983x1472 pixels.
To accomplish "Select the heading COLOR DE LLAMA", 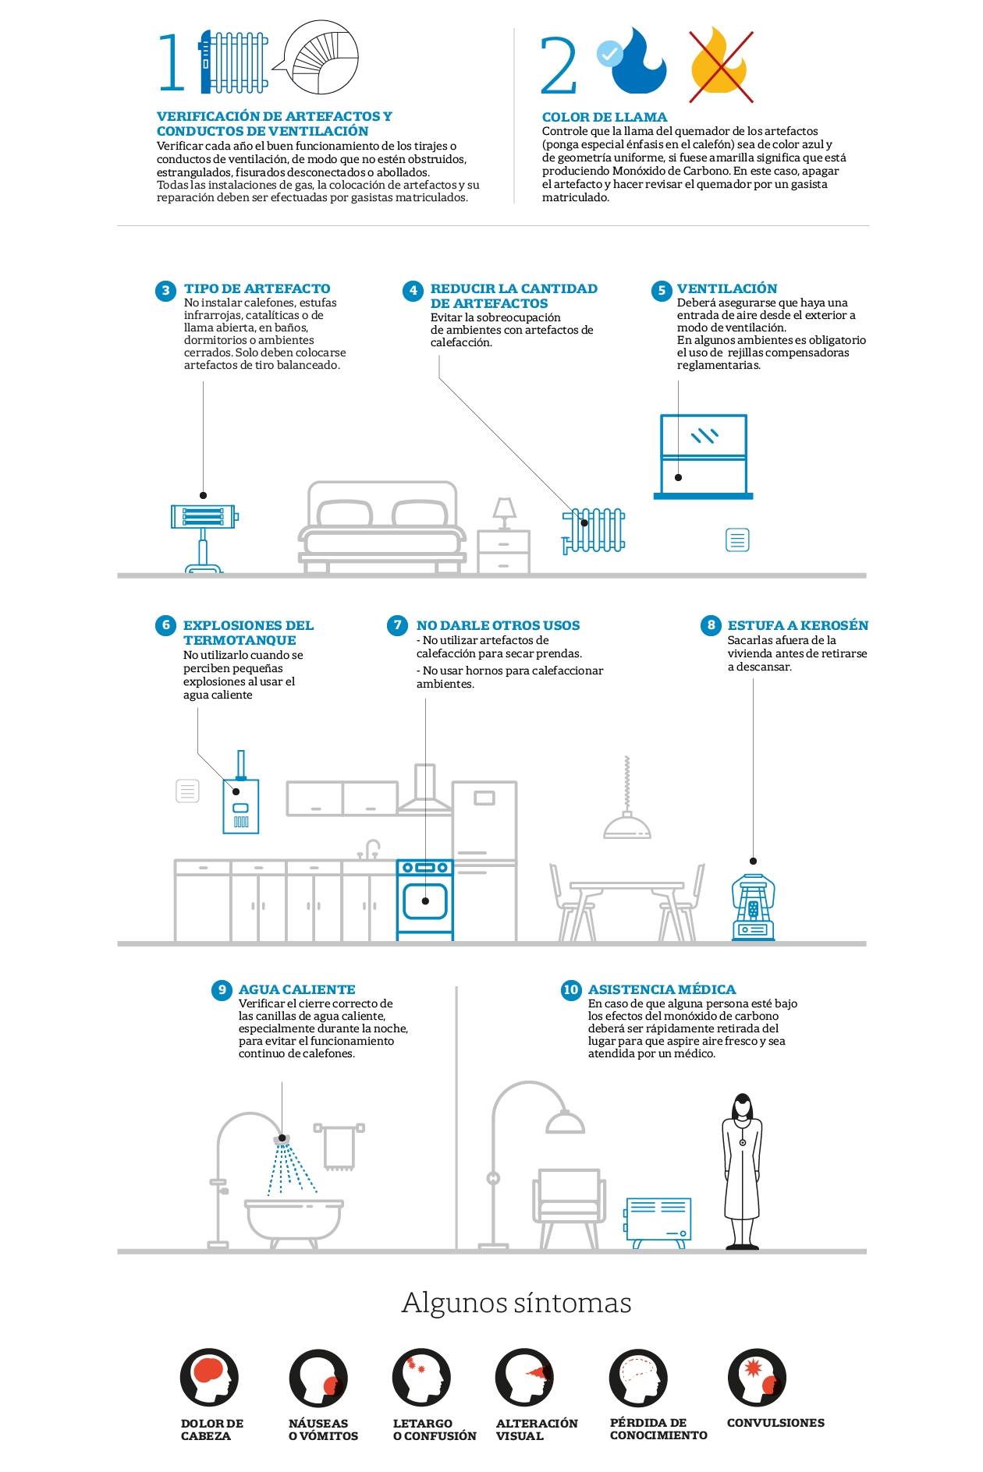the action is [605, 118].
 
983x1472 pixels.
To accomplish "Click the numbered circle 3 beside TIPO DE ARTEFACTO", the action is [165, 291].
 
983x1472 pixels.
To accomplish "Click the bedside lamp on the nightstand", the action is [504, 514].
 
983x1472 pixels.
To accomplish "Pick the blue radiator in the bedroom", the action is [594, 530].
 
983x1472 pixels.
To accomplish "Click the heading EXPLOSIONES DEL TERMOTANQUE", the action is [248, 632].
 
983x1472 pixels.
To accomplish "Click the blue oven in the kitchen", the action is [425, 900].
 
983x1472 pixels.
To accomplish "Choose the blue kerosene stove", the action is [754, 906].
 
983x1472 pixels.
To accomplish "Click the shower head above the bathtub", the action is [282, 1139].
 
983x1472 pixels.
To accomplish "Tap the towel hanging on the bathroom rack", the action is [339, 1148].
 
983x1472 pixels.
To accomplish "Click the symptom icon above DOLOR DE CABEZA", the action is [209, 1377].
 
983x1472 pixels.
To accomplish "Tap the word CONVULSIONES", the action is [775, 1423].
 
